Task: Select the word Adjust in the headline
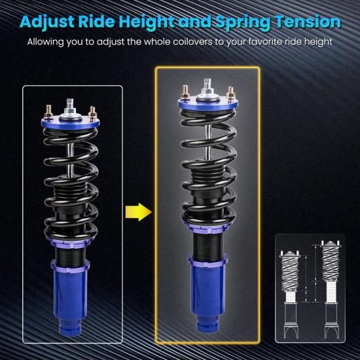pyautogui.click(x=47, y=22)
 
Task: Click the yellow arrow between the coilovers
pyautogui.click(x=139, y=212)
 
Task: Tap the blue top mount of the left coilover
pyautogui.click(x=71, y=122)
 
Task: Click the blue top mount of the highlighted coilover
pyautogui.click(x=208, y=103)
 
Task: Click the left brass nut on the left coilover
pyautogui.click(x=48, y=113)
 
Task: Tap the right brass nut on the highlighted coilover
pyautogui.click(x=230, y=93)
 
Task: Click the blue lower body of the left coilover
pyautogui.click(x=70, y=296)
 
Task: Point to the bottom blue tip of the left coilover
pyautogui.click(x=70, y=328)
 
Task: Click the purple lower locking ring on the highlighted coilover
pyautogui.click(x=208, y=261)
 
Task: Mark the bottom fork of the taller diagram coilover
pyautogui.click(x=331, y=331)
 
